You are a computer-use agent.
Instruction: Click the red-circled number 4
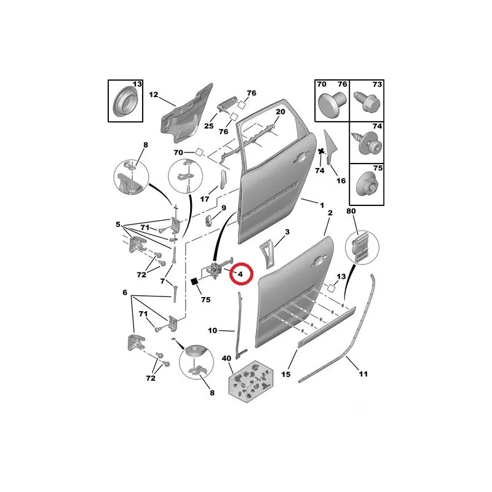pos(240,274)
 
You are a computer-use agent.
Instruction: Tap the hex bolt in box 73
pos(367,101)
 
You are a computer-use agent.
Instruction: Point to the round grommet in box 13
pos(124,101)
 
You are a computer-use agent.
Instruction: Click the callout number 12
pos(153,95)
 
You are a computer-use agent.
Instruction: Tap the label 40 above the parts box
pos(226,359)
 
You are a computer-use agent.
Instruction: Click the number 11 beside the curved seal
pos(363,374)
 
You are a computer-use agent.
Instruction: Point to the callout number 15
pos(286,375)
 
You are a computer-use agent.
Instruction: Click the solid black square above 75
pos(194,282)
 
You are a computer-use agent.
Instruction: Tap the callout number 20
pos(280,112)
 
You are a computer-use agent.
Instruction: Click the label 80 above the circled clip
pos(351,211)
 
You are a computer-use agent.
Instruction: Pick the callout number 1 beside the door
pos(322,205)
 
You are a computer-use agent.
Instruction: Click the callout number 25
pos(208,126)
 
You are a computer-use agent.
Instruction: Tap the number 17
pos(205,199)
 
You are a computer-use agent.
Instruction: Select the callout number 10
pos(212,330)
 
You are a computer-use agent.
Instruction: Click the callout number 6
pos(125,293)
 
